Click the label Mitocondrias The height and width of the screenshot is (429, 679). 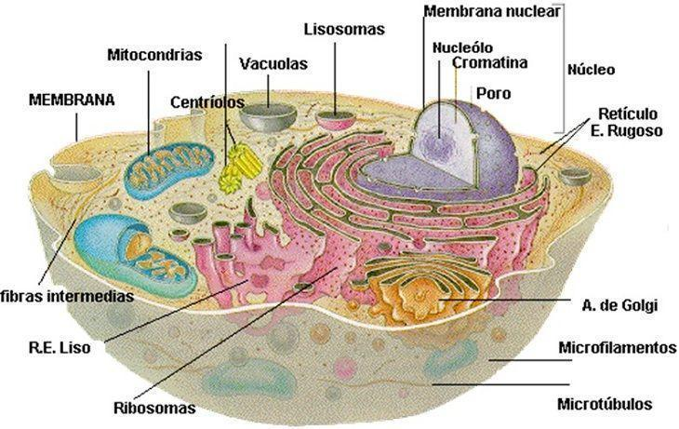[x=154, y=55]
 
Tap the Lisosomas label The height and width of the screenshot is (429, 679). [x=344, y=29]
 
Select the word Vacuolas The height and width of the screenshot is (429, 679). [x=273, y=63]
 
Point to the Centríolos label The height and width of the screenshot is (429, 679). [x=207, y=102]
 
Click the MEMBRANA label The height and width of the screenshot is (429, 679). [x=72, y=100]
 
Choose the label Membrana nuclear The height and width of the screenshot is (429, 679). [x=492, y=11]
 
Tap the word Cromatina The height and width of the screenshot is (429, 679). [x=490, y=63]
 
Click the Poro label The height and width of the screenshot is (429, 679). [x=493, y=93]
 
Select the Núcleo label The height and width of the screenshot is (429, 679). [x=591, y=70]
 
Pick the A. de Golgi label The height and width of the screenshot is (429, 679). [x=619, y=305]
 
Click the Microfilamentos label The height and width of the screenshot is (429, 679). [x=617, y=347]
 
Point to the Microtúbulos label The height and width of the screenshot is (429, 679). [x=605, y=404]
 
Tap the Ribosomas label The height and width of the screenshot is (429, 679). [x=154, y=408]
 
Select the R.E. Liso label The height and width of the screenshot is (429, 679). [x=60, y=347]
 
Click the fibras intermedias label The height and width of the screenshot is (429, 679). [x=67, y=297]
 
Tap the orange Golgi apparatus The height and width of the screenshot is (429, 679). [x=418, y=290]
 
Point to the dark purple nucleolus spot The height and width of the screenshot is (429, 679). [x=438, y=143]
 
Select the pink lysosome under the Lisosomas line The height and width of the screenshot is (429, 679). [x=336, y=120]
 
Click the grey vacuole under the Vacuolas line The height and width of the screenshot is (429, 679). [x=269, y=116]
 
